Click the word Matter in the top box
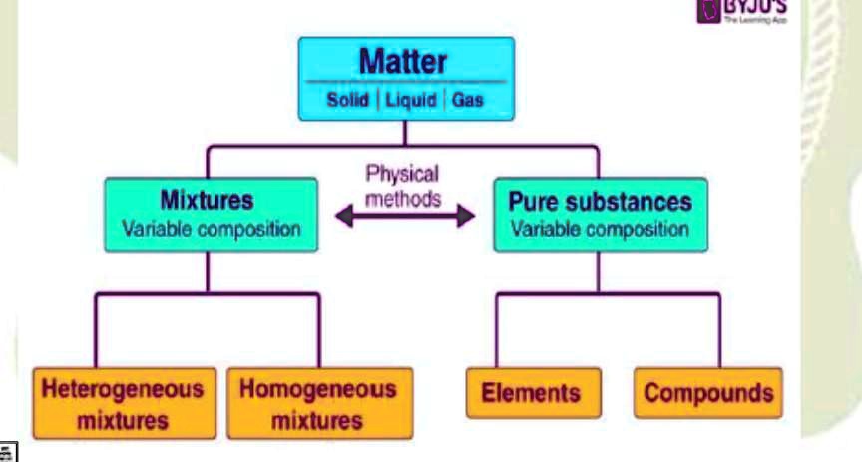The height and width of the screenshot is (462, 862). click(403, 61)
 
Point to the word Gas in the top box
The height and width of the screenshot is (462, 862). click(467, 101)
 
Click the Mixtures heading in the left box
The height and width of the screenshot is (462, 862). click(207, 200)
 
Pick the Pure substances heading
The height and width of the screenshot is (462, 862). click(600, 201)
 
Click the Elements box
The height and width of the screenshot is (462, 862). click(533, 392)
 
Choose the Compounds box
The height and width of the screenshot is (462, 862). click(708, 392)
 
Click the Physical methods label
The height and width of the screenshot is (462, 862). click(402, 186)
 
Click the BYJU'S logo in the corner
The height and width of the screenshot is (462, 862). click(740, 10)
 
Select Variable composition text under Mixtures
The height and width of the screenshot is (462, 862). click(211, 229)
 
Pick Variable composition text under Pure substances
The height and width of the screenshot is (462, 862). click(600, 229)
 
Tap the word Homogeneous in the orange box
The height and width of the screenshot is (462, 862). click(317, 388)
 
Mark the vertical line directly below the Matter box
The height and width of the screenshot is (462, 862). click(403, 135)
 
